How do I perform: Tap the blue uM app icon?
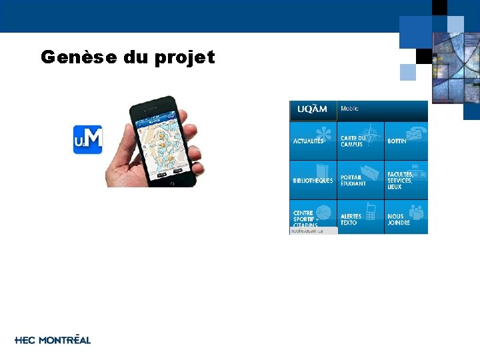(x=87, y=139)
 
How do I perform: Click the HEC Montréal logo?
(x=53, y=340)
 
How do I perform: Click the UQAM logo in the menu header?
(x=313, y=109)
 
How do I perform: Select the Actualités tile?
(x=313, y=140)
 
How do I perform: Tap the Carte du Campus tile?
(x=360, y=140)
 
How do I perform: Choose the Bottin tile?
(x=406, y=140)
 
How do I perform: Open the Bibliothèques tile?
(x=313, y=179)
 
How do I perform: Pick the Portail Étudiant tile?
(x=360, y=179)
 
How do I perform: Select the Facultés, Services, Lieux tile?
(x=406, y=179)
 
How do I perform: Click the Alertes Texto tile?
(x=360, y=217)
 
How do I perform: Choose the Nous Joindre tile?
(x=406, y=217)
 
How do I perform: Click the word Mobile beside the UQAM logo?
(x=349, y=109)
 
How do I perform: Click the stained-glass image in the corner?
(x=455, y=67)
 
